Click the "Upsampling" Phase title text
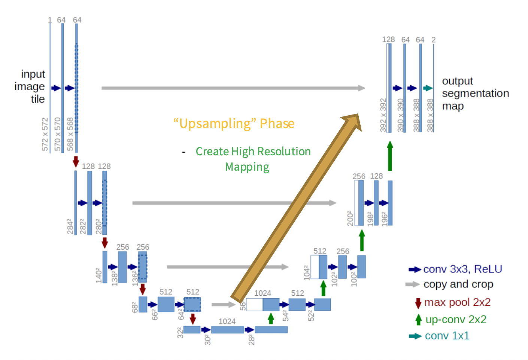point(234,123)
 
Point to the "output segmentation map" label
point(475,93)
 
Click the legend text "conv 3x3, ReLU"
point(462,269)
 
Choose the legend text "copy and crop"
point(458,284)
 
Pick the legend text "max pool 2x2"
point(457,302)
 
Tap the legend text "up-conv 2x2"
point(455,320)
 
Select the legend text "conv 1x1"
point(447,336)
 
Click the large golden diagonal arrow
point(296,206)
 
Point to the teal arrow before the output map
point(428,88)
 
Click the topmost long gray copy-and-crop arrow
point(232,88)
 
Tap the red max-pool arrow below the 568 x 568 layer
point(76,161)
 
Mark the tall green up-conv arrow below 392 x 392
point(390,156)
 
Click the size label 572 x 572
point(45,134)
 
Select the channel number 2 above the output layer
point(433,40)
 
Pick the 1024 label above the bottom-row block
point(227,321)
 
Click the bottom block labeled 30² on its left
point(227,330)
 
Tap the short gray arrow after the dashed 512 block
point(223,305)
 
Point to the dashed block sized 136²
point(143,266)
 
